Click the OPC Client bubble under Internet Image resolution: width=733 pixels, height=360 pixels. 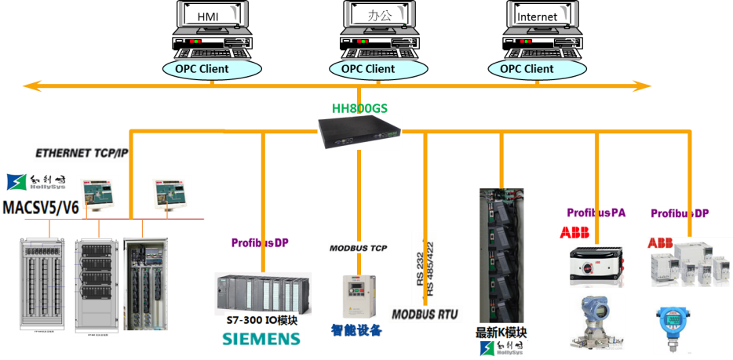tap(527, 69)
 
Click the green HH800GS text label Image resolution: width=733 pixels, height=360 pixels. tap(359, 108)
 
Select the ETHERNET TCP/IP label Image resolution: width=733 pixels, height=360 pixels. tap(80, 153)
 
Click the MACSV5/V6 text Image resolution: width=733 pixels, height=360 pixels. tap(42, 208)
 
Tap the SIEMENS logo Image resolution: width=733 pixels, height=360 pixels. tap(261, 338)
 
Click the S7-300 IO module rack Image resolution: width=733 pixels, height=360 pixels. tap(263, 294)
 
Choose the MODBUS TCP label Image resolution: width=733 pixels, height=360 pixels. tap(358, 248)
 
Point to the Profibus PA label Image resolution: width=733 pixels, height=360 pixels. tap(597, 213)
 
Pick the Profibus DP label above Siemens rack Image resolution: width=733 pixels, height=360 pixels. tap(260, 243)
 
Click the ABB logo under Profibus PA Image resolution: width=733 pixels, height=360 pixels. tap(574, 232)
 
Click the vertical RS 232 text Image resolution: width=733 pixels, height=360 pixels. tap(418, 268)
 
